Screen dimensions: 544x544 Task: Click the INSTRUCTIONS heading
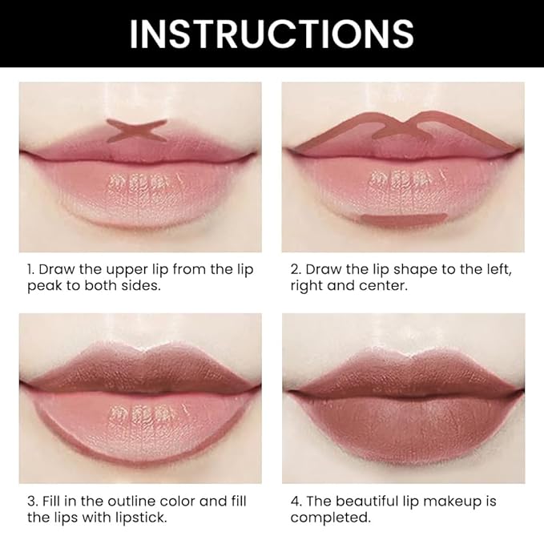tap(272, 34)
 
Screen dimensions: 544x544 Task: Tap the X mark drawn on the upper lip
tap(137, 131)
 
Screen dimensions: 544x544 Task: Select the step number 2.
tap(295, 269)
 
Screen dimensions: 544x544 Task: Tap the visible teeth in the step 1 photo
tap(137, 179)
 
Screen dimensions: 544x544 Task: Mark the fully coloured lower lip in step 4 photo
tap(402, 425)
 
